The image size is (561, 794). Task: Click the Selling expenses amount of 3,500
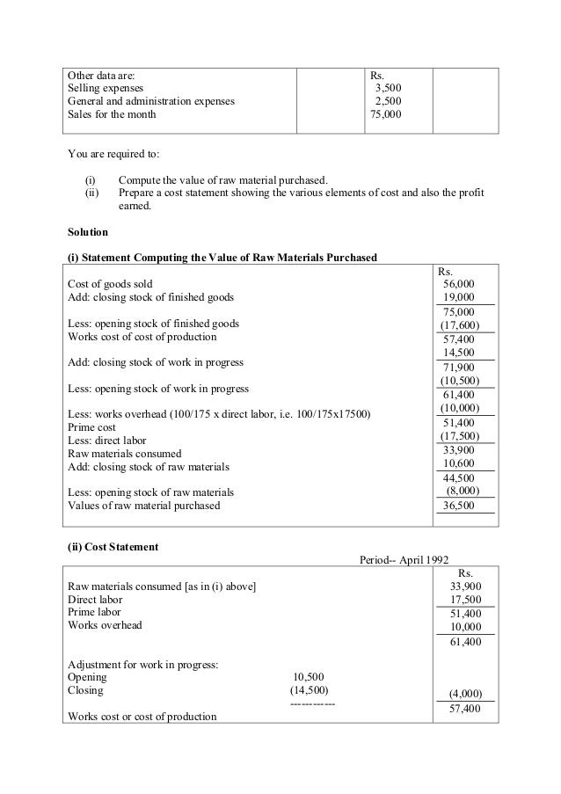[x=388, y=88]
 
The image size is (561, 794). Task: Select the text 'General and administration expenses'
[x=151, y=101]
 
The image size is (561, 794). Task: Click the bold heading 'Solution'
[x=88, y=232]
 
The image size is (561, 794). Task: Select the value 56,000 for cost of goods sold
[x=459, y=285]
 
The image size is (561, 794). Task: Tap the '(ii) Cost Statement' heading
[x=113, y=547]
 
